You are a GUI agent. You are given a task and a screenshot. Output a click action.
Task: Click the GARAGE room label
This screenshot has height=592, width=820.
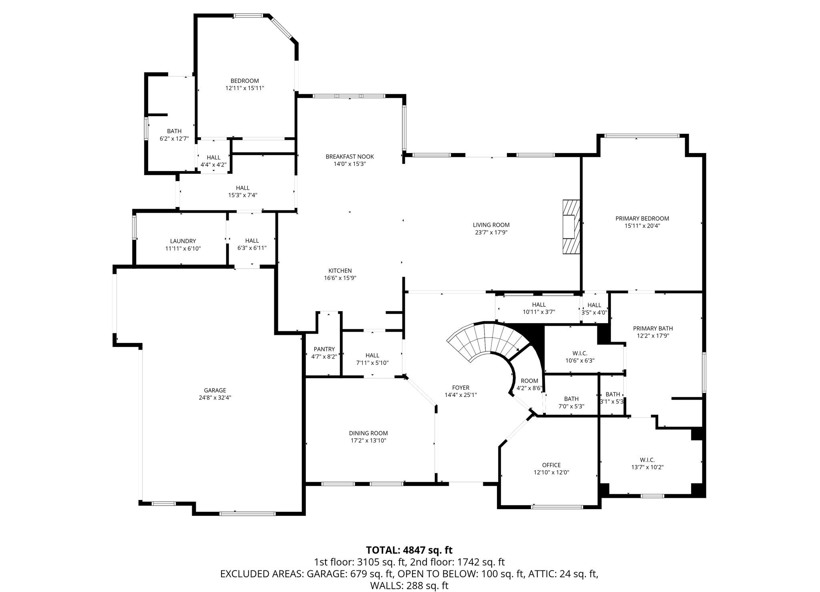(215, 390)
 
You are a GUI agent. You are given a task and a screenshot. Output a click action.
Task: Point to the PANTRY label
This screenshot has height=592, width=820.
(324, 349)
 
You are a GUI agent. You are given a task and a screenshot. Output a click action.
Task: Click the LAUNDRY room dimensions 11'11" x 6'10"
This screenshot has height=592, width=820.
(183, 248)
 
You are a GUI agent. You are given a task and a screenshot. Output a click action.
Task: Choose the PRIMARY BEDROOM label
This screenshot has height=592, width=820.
(642, 218)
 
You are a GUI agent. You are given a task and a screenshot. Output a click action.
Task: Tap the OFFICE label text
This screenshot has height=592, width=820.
(551, 465)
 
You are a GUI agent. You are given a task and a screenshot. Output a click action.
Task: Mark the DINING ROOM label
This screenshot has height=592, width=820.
(368, 433)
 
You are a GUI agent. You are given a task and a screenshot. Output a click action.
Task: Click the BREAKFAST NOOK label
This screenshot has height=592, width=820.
(350, 157)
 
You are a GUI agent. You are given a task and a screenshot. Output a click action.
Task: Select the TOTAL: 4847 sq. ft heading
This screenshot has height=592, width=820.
(409, 550)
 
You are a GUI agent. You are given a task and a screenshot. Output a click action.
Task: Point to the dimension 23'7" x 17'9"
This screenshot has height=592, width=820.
(491, 232)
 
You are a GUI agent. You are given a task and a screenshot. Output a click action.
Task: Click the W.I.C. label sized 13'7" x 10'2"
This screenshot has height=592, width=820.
(647, 460)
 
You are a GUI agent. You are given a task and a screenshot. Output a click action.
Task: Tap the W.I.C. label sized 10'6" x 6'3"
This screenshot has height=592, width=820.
(580, 353)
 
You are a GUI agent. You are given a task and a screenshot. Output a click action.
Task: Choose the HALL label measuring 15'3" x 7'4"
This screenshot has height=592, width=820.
(243, 188)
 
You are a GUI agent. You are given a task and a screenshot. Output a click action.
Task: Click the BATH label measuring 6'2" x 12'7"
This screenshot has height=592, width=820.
(174, 131)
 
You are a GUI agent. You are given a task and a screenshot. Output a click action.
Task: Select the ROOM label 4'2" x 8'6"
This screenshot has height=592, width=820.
(530, 381)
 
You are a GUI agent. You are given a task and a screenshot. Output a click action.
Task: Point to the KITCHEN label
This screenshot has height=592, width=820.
(340, 271)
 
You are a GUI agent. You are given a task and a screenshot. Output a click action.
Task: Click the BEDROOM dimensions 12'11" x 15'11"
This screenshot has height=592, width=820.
(244, 88)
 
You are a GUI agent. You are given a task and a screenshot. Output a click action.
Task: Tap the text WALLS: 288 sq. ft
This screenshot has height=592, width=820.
(409, 586)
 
